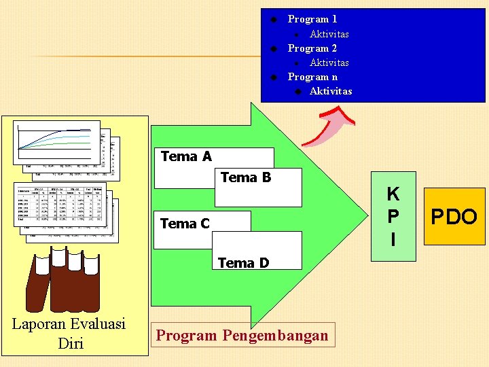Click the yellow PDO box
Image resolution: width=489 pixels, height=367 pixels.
[454, 217]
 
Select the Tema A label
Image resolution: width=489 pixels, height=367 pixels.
[186, 156]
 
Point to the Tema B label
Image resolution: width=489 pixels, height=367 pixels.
[246, 177]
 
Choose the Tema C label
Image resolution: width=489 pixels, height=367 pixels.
[185, 223]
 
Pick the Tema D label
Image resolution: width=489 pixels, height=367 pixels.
[243, 262]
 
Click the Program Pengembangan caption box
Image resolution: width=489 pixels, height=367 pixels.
[242, 335]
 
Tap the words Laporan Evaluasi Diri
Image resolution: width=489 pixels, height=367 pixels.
[69, 334]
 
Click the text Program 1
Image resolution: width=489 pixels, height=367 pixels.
[312, 19]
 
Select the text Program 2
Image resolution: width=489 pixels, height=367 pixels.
[312, 48]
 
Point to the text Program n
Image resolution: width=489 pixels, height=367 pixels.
[312, 77]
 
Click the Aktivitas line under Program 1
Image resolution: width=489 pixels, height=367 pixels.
[329, 34]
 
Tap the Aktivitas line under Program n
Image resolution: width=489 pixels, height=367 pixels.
[331, 91]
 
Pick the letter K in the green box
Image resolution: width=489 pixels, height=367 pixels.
[393, 194]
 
